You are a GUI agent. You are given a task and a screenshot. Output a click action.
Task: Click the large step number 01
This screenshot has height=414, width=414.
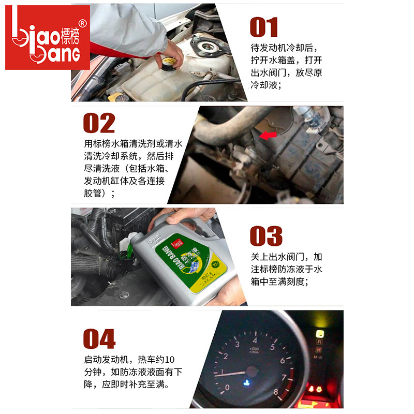point(264,27)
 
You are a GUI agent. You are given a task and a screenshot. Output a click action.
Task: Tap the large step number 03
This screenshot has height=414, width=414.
point(266,236)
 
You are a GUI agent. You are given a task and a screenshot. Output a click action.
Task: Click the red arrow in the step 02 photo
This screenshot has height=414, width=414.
point(267,136)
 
